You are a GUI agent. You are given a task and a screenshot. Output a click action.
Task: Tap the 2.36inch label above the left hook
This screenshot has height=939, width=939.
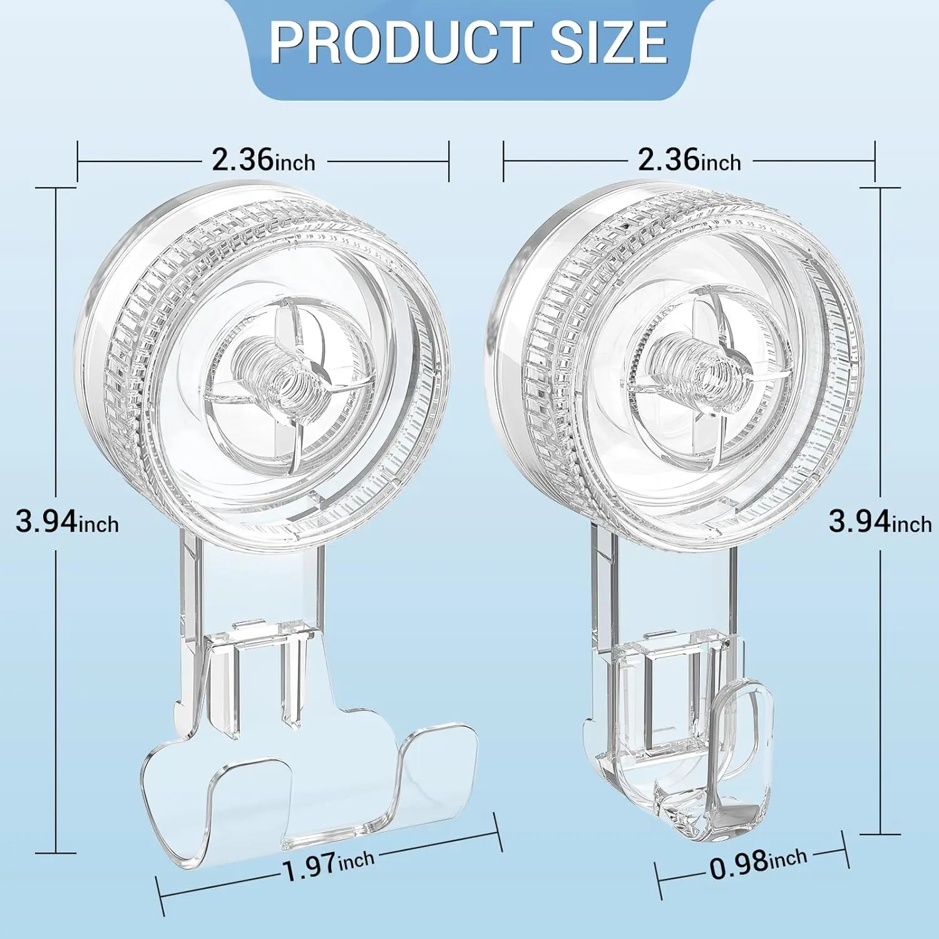pyautogui.click(x=263, y=160)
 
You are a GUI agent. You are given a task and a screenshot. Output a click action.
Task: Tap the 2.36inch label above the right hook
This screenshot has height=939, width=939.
pyautogui.click(x=689, y=160)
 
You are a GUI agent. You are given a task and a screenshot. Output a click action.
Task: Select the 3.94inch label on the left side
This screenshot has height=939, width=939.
pyautogui.click(x=67, y=521)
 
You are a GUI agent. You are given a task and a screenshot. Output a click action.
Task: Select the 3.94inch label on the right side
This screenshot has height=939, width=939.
pyautogui.click(x=880, y=521)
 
